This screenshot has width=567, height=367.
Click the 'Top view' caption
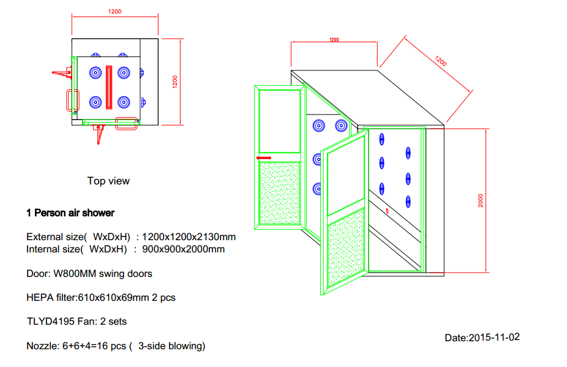click(108, 181)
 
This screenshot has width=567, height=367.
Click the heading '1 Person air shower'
click(70, 213)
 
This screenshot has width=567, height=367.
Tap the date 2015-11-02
click(494, 337)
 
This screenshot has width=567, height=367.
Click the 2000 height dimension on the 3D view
click(481, 200)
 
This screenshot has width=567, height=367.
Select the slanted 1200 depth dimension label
click(441, 61)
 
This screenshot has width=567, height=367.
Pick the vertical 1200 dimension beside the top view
click(175, 81)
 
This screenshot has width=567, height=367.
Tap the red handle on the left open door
click(265, 157)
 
